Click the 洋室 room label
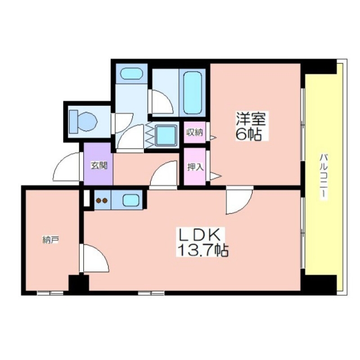251,119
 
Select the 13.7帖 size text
202,250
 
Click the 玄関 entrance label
99,165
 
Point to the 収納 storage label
195,133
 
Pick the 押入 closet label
195,167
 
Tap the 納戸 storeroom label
51,240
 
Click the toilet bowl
83,121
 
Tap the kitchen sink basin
130,200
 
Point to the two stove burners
102,201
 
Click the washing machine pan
166,135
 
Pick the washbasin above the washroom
132,74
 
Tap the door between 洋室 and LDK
239,200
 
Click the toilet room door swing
122,123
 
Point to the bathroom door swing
161,102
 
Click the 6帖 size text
249,134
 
